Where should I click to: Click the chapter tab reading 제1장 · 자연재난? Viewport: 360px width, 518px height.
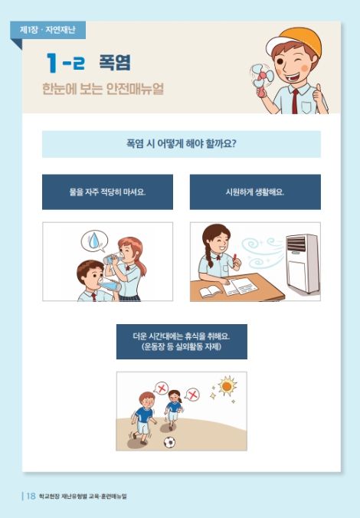tap(48, 30)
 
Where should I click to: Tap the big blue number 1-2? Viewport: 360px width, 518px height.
tap(65, 63)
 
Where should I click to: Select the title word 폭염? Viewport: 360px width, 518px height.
tap(115, 62)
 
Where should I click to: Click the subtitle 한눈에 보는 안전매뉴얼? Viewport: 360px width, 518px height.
tap(103, 89)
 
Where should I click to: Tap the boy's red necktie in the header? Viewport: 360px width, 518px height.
tap(295, 100)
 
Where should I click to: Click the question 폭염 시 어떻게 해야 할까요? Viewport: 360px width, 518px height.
tap(182, 144)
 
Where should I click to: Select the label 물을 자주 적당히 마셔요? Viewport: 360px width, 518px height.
tap(108, 192)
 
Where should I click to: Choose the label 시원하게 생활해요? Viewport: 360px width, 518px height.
tap(255, 192)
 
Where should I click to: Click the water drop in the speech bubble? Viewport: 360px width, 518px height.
tap(94, 240)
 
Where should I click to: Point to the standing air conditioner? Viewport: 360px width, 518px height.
tap(303, 264)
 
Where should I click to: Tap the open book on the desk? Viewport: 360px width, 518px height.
tap(211, 291)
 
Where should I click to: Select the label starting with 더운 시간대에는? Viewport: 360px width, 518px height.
tap(182, 342)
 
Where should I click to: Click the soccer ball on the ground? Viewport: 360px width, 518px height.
tap(169, 442)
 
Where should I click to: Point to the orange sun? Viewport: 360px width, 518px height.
tap(227, 385)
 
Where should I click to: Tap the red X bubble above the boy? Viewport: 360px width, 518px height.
tap(161, 388)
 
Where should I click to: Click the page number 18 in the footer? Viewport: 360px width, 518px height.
tap(31, 496)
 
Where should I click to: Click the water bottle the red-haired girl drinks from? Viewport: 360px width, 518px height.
tap(113, 257)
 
